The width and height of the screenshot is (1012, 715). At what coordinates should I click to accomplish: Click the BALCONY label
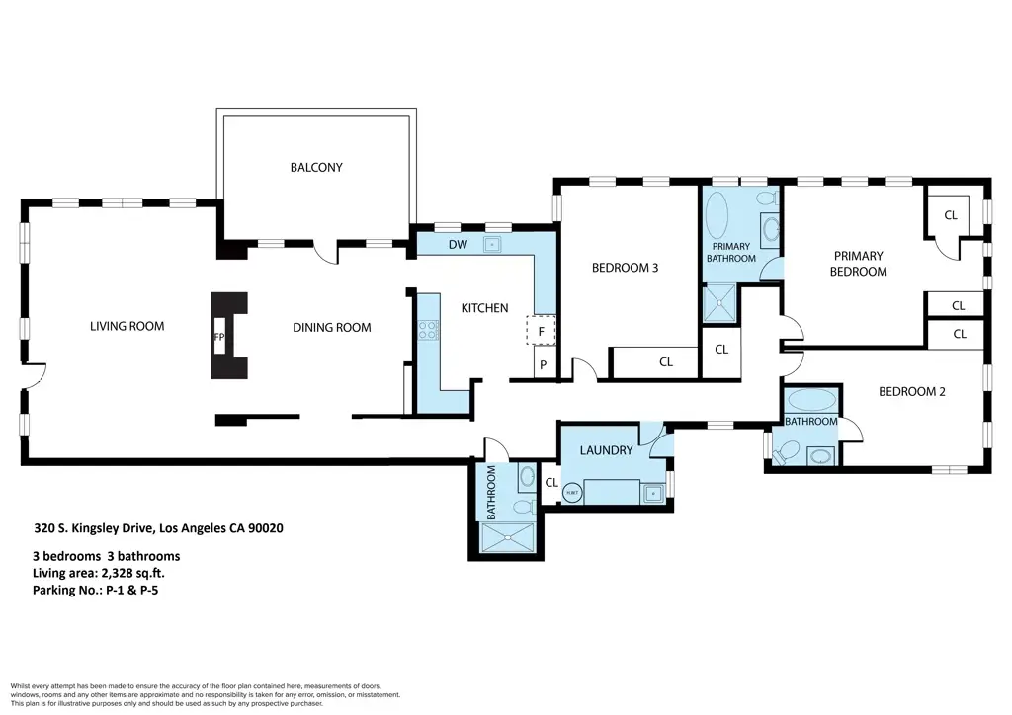click(x=316, y=167)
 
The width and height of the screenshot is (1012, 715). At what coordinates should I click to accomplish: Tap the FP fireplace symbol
click(x=218, y=336)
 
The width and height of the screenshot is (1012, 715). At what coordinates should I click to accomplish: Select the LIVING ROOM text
click(x=126, y=326)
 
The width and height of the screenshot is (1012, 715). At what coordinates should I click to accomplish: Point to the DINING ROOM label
click(x=331, y=328)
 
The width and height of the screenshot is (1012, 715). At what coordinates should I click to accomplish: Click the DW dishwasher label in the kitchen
click(x=458, y=244)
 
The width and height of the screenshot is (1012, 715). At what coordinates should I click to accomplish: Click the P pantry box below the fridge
click(x=542, y=366)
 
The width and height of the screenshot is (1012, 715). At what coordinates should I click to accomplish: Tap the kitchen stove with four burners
click(x=428, y=331)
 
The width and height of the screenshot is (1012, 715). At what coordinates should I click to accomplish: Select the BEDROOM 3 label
click(x=625, y=268)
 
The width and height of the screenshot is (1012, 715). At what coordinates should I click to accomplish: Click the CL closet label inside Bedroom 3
click(x=666, y=362)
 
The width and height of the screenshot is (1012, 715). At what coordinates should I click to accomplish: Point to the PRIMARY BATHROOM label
click(x=730, y=253)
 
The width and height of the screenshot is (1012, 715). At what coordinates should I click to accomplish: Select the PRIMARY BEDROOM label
click(x=857, y=263)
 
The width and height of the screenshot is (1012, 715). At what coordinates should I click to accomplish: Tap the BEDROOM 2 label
click(x=912, y=391)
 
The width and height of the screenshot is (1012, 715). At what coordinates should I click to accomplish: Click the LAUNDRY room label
click(x=606, y=450)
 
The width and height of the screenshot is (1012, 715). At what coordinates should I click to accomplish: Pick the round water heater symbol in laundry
click(x=572, y=491)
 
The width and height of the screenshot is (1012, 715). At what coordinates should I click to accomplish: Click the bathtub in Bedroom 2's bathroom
click(x=811, y=402)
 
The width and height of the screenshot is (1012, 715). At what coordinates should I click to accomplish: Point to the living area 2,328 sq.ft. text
click(x=103, y=573)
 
